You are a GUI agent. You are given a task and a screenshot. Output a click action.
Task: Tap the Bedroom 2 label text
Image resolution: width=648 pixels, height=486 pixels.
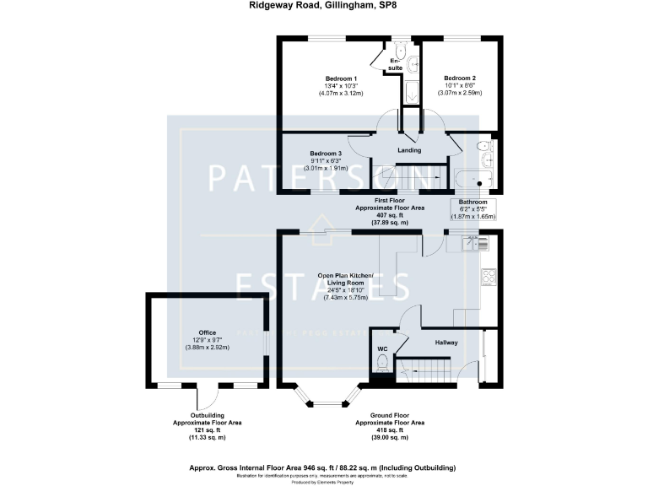(x=460, y=77)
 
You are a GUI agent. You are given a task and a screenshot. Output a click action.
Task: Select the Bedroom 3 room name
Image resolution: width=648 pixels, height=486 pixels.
(x=325, y=153)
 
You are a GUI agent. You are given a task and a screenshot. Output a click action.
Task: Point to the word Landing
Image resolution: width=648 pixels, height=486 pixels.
(x=408, y=150)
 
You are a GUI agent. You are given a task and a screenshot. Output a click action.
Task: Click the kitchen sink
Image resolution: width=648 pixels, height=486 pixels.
(x=475, y=243)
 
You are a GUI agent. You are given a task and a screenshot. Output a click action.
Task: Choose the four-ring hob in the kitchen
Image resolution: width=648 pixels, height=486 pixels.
(x=487, y=276)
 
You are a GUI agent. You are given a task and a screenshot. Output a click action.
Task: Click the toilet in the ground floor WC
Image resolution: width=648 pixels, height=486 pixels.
(x=382, y=363)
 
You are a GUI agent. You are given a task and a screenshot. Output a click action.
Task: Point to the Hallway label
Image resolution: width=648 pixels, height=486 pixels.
(x=446, y=343)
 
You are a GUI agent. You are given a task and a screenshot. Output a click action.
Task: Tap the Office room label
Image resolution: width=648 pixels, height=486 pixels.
(x=208, y=332)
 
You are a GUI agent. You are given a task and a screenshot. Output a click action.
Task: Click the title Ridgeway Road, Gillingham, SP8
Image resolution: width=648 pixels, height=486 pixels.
(x=324, y=5)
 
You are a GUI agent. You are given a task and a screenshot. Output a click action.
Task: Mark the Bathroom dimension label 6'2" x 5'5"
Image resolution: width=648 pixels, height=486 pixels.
(x=472, y=209)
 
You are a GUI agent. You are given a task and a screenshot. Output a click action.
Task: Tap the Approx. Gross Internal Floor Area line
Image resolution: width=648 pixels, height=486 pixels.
(x=324, y=467)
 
